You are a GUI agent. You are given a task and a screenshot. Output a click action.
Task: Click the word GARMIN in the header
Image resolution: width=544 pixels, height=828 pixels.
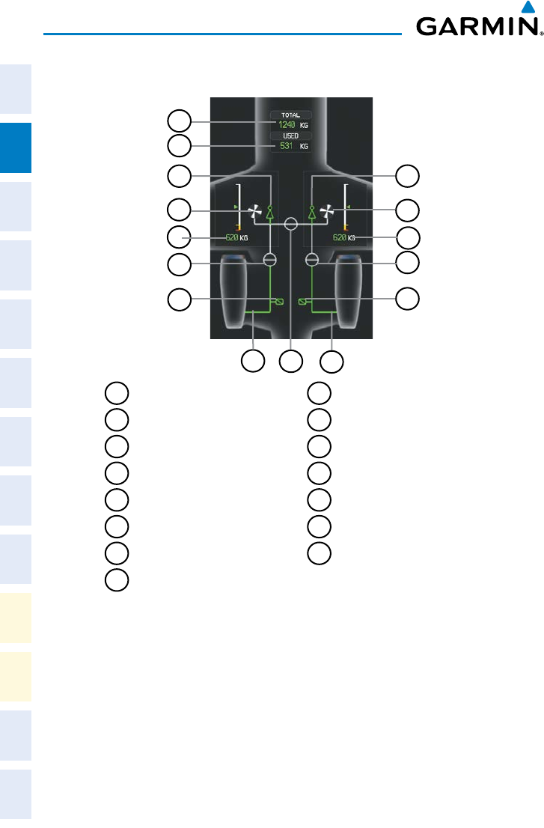[478, 29]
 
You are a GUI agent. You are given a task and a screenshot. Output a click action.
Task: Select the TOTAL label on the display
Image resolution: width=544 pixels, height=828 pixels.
[290, 116]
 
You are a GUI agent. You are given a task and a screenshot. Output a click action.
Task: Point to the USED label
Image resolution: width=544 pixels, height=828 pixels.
[290, 136]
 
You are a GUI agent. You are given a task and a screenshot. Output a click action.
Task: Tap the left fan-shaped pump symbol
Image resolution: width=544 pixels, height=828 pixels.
[255, 214]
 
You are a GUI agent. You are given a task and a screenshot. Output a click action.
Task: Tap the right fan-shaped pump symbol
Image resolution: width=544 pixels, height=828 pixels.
[326, 214]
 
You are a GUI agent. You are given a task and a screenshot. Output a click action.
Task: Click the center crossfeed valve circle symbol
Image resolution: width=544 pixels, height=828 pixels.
[291, 222]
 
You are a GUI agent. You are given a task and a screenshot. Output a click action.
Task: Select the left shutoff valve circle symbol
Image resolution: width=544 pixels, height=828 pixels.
[270, 260]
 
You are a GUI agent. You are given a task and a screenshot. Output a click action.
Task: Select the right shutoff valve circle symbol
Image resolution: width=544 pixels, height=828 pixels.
[312, 260]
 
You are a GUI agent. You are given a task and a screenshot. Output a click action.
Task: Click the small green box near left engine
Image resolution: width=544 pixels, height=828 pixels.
[279, 302]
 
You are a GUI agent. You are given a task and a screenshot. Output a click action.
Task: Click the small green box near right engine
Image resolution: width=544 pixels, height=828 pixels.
[303, 302]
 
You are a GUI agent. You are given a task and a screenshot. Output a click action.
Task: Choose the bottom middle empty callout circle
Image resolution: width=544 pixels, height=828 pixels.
[290, 361]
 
